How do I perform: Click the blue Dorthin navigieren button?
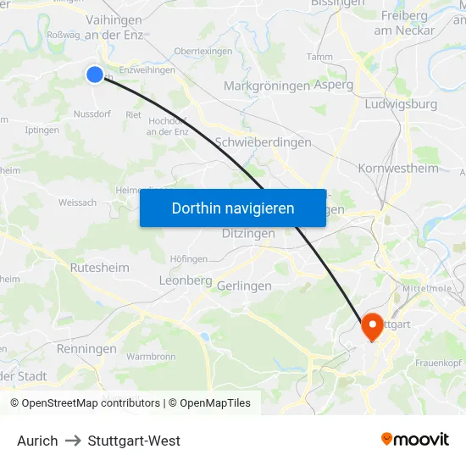(x=232, y=208)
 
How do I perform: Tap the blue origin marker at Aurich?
(x=95, y=75)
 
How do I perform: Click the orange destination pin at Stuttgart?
(x=371, y=327)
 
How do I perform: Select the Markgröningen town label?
(x=267, y=86)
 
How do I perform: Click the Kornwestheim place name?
(x=398, y=168)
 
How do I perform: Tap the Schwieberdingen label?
(x=264, y=142)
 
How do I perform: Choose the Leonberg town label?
(x=185, y=280)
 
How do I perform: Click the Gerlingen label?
(x=244, y=286)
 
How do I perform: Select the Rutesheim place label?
(x=100, y=268)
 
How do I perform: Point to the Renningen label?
(x=86, y=349)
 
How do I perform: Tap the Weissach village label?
(x=77, y=202)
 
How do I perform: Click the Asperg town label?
(x=333, y=86)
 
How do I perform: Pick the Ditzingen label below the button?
(x=248, y=233)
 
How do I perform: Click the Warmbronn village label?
(x=151, y=357)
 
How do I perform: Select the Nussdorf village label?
(x=93, y=114)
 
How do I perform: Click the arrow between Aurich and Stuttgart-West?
(x=73, y=441)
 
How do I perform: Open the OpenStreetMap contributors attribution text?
(x=91, y=403)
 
